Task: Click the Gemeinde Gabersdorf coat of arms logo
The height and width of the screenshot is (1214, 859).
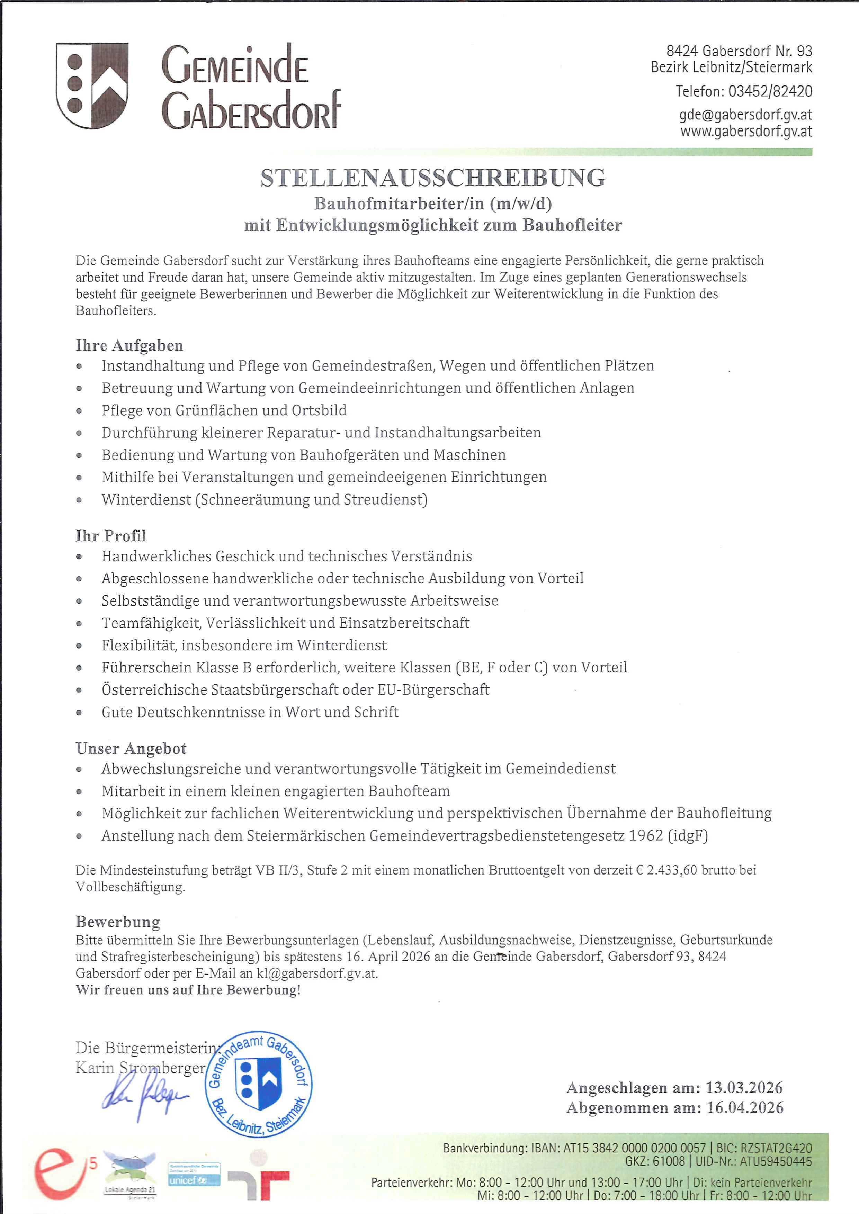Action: click(92, 86)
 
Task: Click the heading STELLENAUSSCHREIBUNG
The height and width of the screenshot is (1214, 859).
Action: click(433, 178)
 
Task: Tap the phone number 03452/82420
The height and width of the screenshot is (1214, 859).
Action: click(770, 91)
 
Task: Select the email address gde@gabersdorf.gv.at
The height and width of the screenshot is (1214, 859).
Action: click(746, 115)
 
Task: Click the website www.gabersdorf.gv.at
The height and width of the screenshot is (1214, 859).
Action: click(746, 131)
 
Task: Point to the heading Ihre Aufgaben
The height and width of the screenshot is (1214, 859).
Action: click(129, 346)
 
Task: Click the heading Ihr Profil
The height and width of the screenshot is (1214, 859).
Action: click(110, 536)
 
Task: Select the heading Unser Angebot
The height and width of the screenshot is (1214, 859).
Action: click(131, 749)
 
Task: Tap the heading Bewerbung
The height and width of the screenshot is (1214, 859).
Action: click(117, 922)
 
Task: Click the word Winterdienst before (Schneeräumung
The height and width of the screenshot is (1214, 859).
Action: click(146, 500)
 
